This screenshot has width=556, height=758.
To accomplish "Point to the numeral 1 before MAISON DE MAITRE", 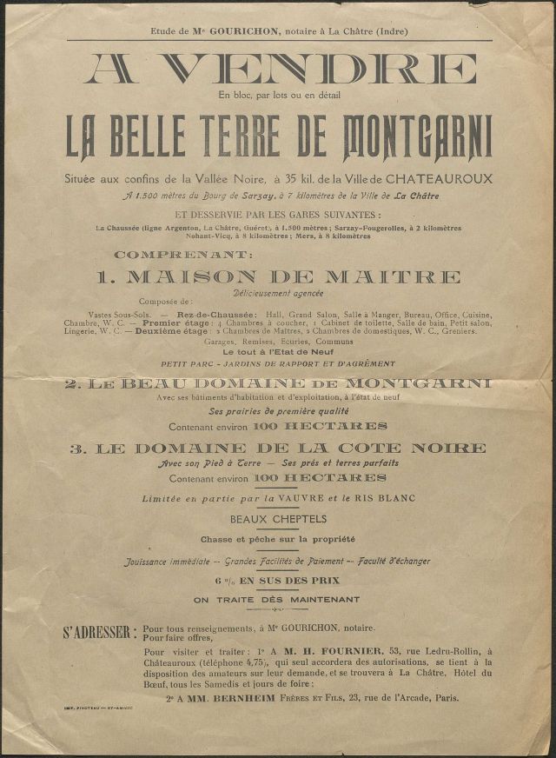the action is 104,277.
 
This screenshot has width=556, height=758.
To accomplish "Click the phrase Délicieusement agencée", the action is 279,296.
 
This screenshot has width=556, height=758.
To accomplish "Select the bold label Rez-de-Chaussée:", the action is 216,314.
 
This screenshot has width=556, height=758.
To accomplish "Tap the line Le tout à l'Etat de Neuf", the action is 279,353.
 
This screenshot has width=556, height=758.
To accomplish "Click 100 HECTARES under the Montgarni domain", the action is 320,426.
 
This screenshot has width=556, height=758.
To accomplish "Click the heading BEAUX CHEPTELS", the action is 278,519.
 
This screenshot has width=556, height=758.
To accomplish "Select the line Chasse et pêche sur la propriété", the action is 278,540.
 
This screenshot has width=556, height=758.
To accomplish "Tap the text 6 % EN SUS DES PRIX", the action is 278,580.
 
